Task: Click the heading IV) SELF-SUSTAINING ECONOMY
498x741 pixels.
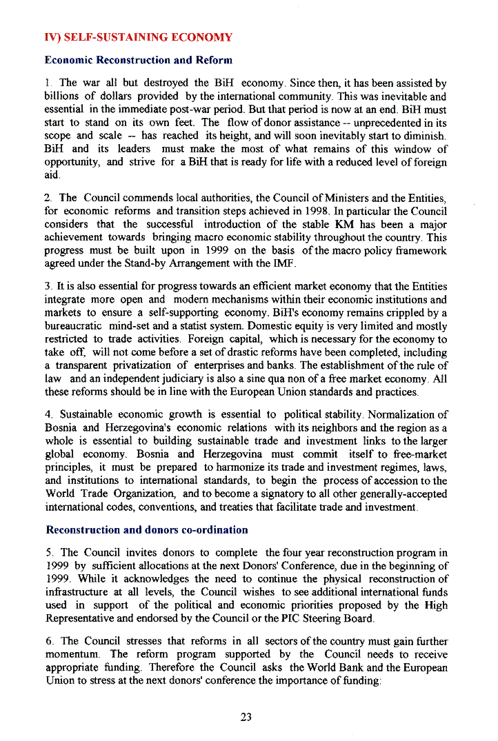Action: [x=138, y=37]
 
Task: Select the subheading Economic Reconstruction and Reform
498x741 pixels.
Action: [x=138, y=60]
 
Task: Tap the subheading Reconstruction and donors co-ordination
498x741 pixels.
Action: [x=146, y=530]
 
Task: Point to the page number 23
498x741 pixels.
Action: [x=246, y=717]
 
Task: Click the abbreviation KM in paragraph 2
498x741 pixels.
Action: [x=342, y=225]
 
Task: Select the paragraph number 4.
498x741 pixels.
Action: [x=48, y=415]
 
